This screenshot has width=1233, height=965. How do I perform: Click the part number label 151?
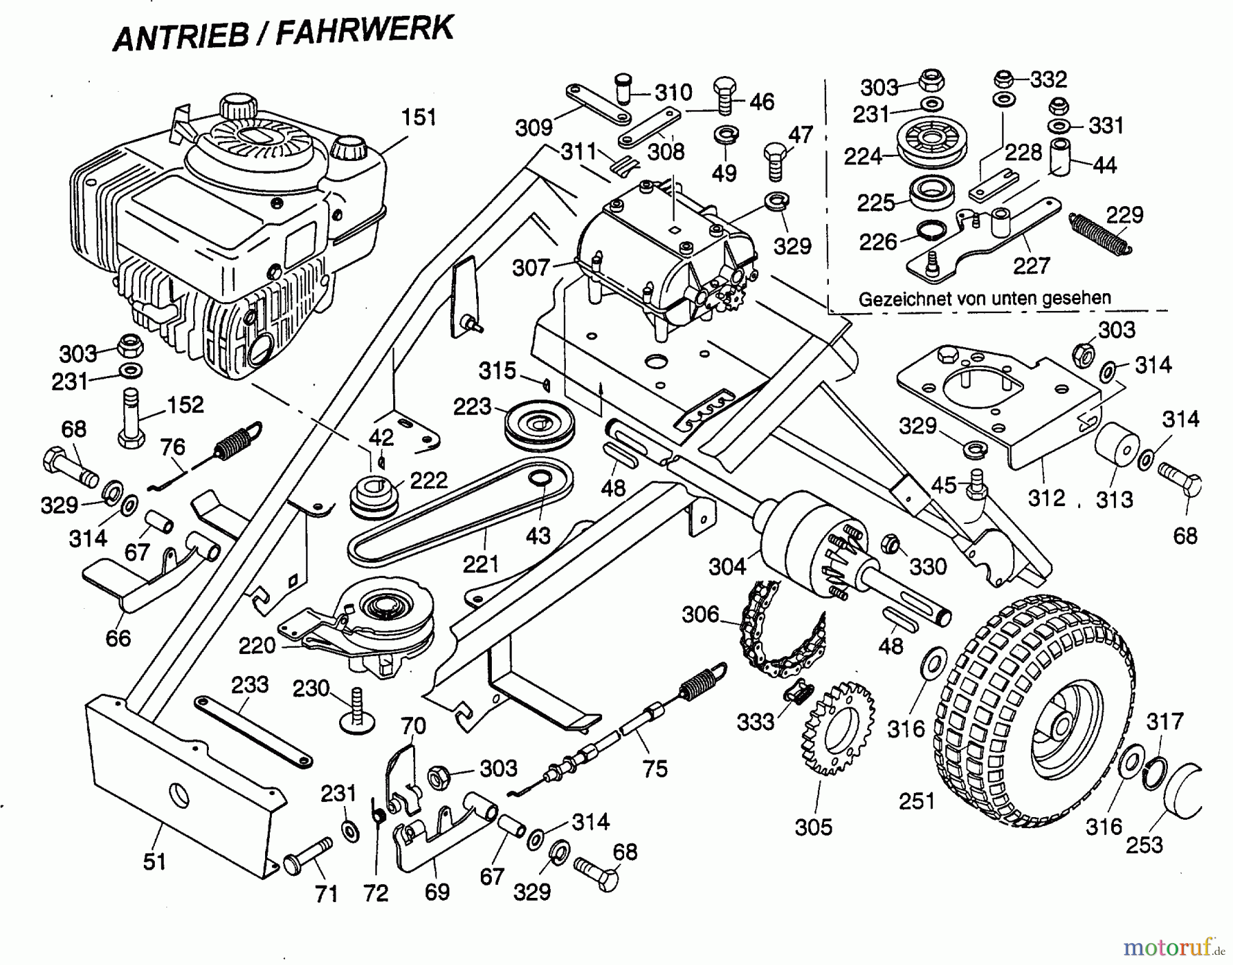pyautogui.click(x=419, y=117)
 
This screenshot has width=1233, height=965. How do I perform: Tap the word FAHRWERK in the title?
pyautogui.click(x=364, y=32)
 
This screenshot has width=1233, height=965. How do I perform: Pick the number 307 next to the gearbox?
pyautogui.click(x=531, y=268)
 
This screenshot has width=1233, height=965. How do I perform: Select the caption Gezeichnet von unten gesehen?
pyautogui.click(x=984, y=299)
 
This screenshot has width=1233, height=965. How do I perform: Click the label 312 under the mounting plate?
pyautogui.click(x=1046, y=497)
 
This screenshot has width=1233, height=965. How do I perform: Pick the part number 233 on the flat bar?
pyautogui.click(x=249, y=684)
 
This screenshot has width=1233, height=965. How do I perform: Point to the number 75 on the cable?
pyautogui.click(x=655, y=768)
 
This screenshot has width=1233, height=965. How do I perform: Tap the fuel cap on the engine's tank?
pyautogui.click(x=350, y=147)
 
